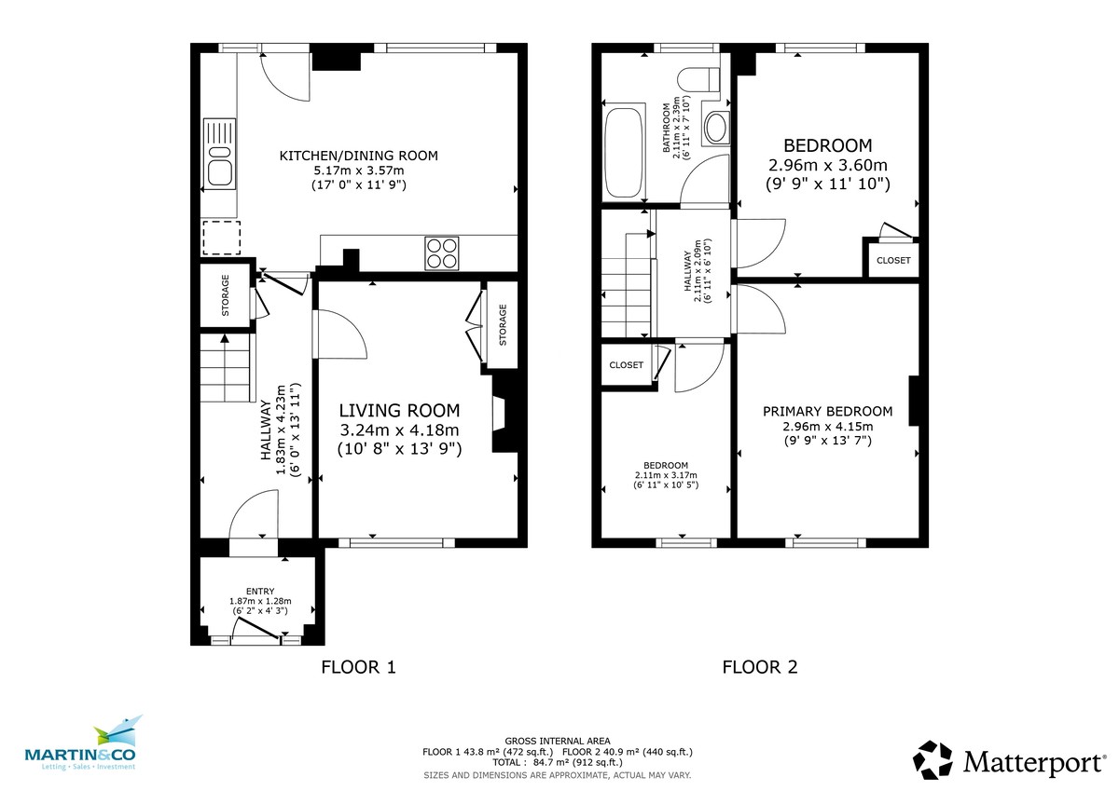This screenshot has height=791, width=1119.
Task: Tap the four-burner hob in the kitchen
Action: [442, 252]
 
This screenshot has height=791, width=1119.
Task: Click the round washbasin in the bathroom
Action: [716, 128]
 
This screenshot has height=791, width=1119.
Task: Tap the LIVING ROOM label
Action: [399, 410]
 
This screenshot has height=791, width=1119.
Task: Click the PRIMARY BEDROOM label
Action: [827, 411]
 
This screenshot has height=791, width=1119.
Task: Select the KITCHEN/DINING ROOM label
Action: [359, 155]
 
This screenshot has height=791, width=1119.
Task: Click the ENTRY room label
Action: [260, 591]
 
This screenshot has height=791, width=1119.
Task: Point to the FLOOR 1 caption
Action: [359, 667]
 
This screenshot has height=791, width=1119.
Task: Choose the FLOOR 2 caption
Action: [760, 667]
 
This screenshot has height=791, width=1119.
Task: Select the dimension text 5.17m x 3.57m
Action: [359, 170]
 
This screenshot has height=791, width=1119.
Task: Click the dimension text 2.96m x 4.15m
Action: [827, 427]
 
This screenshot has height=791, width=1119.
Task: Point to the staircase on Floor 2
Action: [625, 274]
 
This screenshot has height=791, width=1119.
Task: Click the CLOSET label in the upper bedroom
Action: [893, 260]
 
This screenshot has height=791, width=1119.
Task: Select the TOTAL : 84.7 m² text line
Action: [558, 762]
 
